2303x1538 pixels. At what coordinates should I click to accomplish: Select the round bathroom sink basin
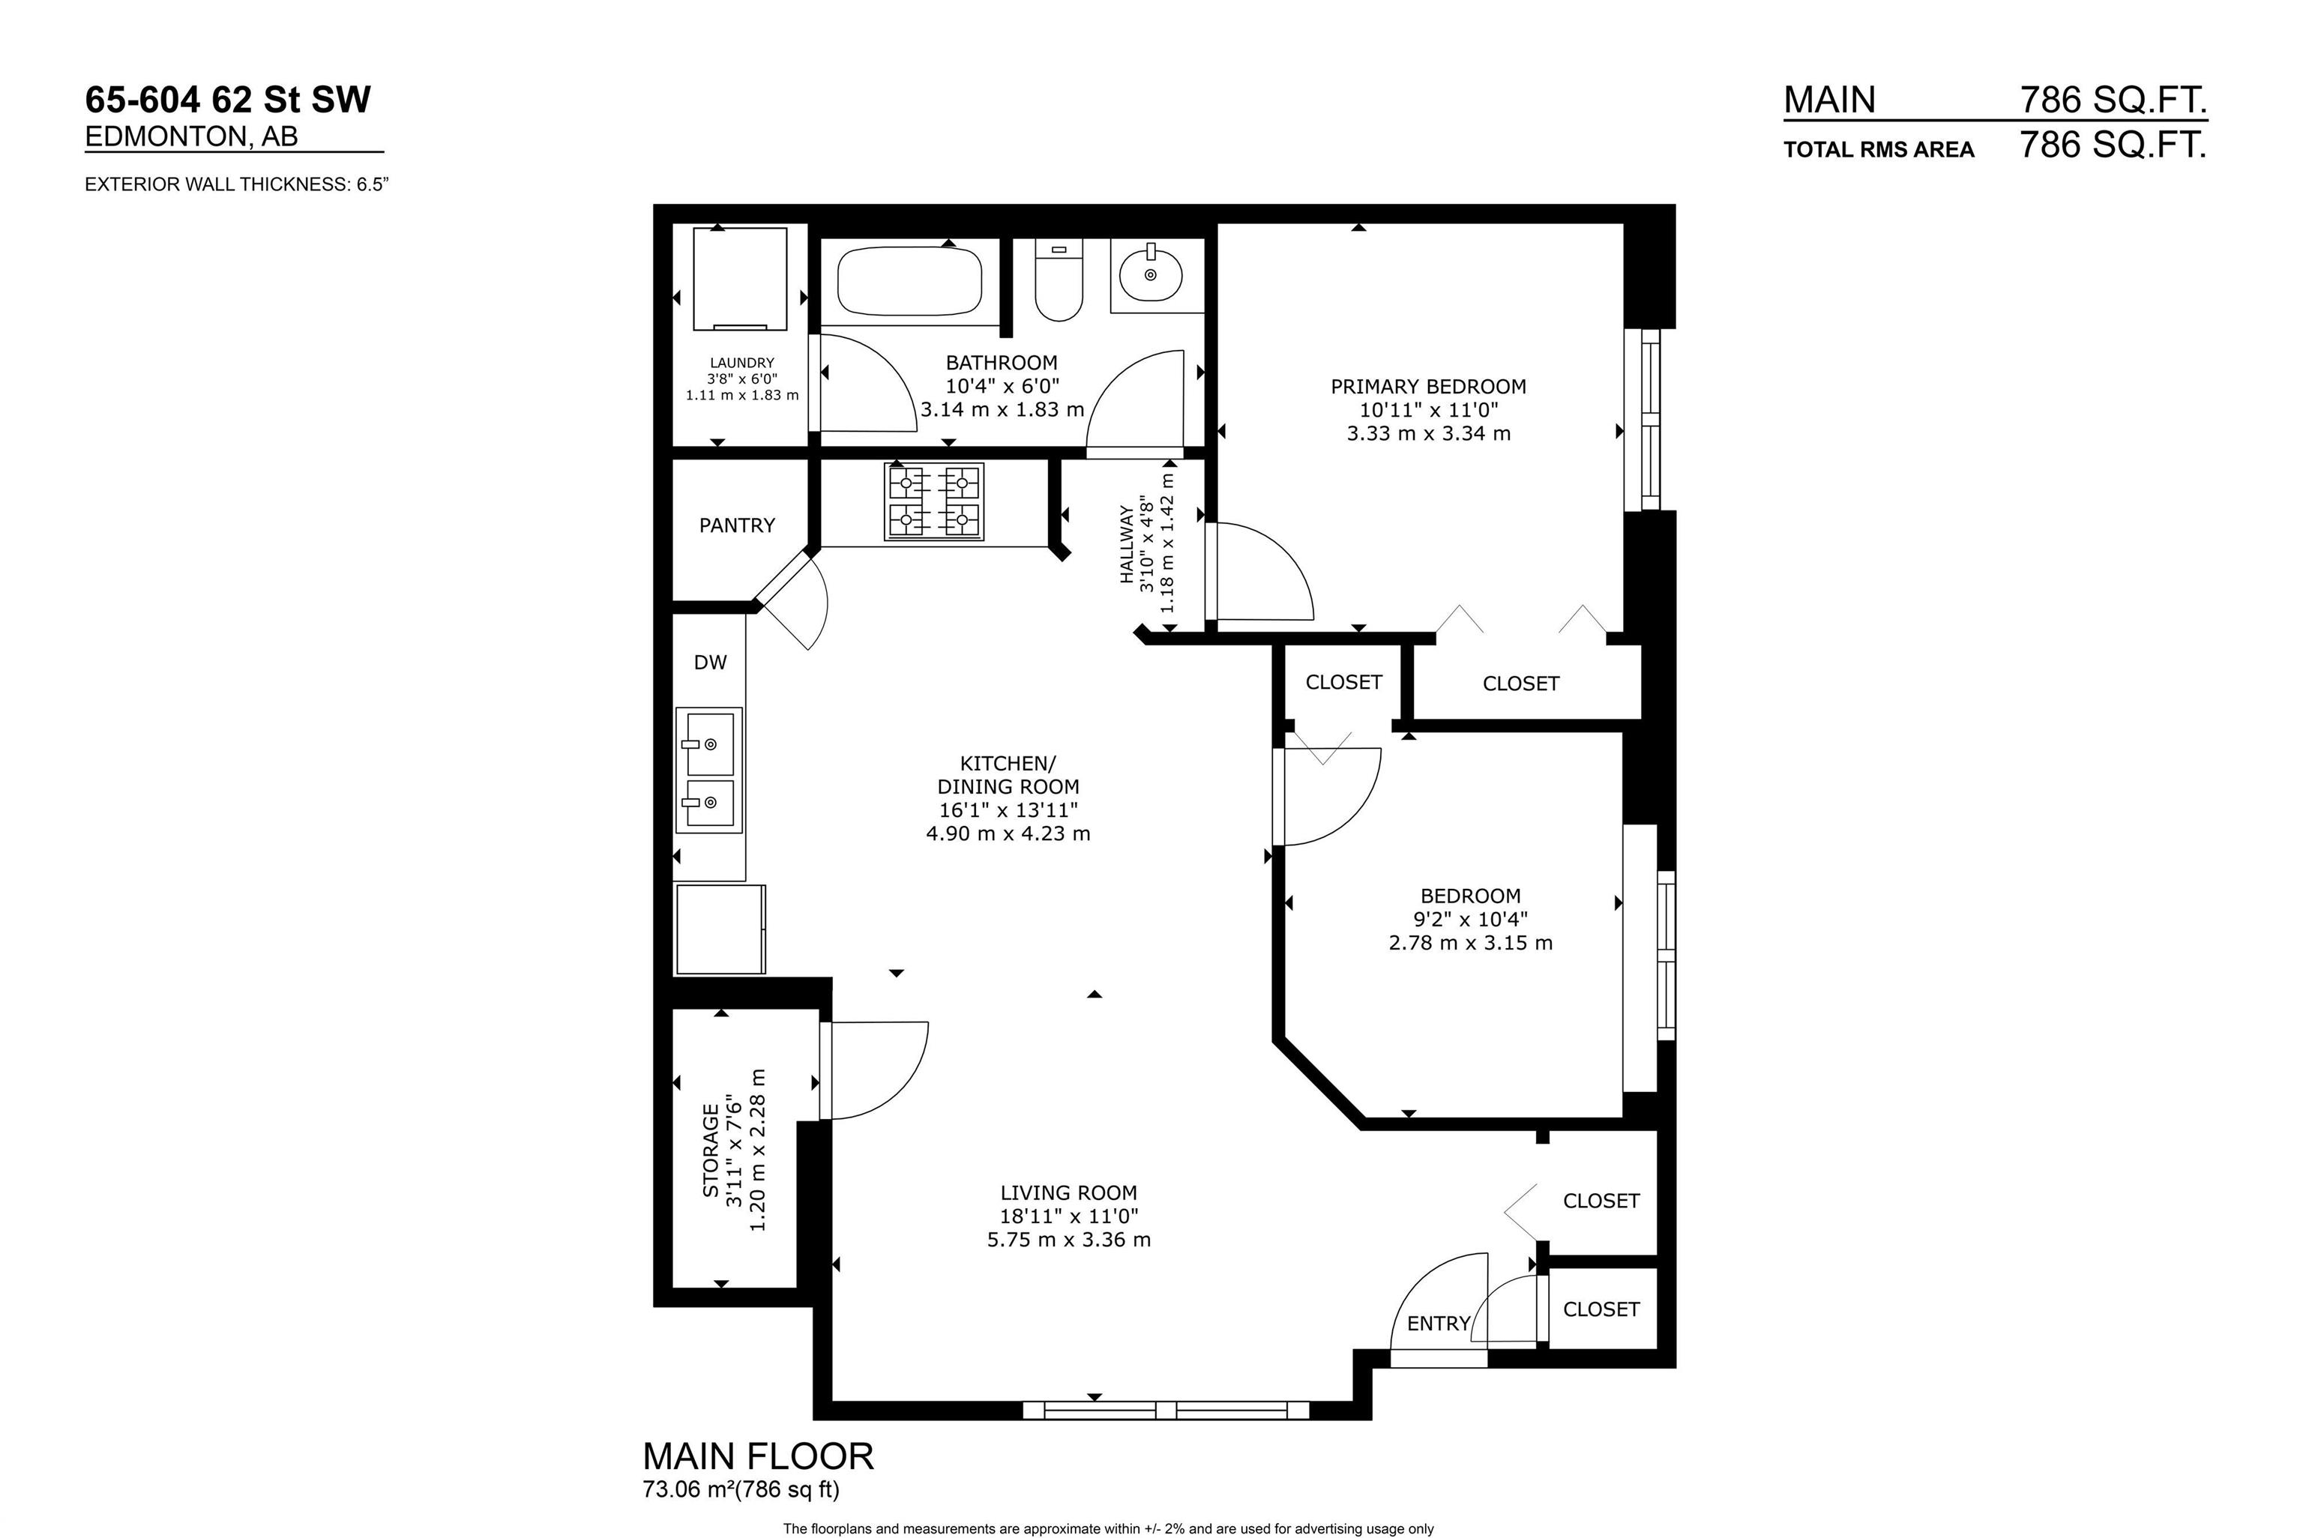click(x=1151, y=274)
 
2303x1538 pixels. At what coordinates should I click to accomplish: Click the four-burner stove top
click(x=934, y=502)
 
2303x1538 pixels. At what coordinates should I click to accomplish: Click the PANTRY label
click(x=737, y=525)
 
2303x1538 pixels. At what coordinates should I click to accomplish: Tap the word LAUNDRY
click(x=742, y=363)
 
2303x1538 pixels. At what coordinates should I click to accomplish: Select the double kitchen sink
click(x=709, y=770)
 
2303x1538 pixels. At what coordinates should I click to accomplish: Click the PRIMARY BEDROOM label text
click(x=1428, y=387)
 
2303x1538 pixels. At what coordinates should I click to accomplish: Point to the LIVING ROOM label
click(x=1069, y=1192)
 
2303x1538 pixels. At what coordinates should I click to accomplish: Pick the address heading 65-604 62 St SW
click(x=229, y=100)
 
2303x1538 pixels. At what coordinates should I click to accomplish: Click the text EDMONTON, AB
click(x=191, y=136)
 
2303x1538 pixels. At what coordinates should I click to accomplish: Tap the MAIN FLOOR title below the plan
click(x=758, y=1456)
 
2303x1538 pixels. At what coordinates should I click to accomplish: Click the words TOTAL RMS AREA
click(x=1878, y=150)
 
